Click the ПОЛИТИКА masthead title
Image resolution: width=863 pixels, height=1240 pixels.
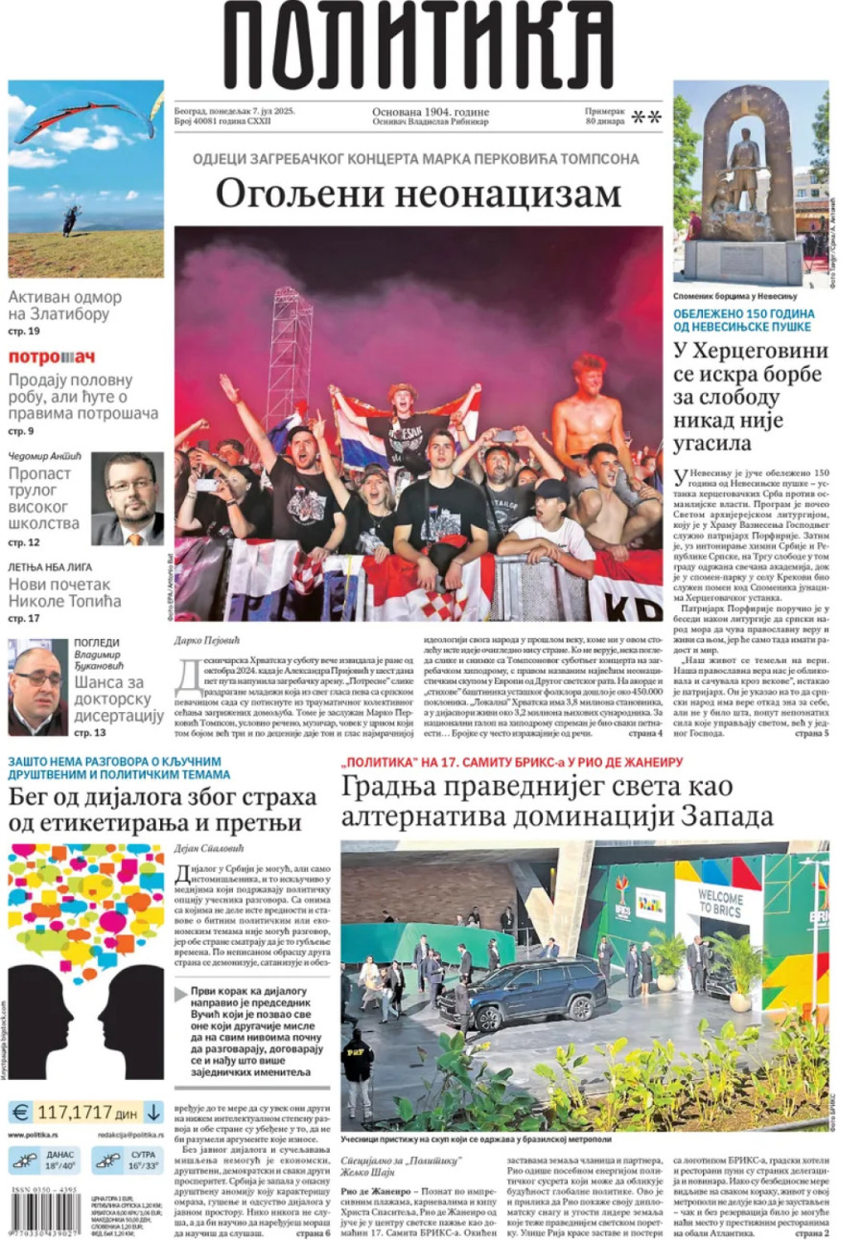tap(419, 45)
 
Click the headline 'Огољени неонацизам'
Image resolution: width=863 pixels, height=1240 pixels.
tap(418, 193)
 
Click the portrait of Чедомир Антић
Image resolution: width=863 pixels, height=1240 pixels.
tap(128, 498)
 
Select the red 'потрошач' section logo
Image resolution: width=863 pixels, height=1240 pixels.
tap(52, 357)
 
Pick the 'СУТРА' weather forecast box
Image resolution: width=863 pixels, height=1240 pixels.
tap(127, 1160)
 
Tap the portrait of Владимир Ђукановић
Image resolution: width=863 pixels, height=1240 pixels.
tap(37, 687)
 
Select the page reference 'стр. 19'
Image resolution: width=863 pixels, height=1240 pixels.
tap(24, 332)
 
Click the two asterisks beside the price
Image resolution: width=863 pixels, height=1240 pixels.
tap(646, 119)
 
